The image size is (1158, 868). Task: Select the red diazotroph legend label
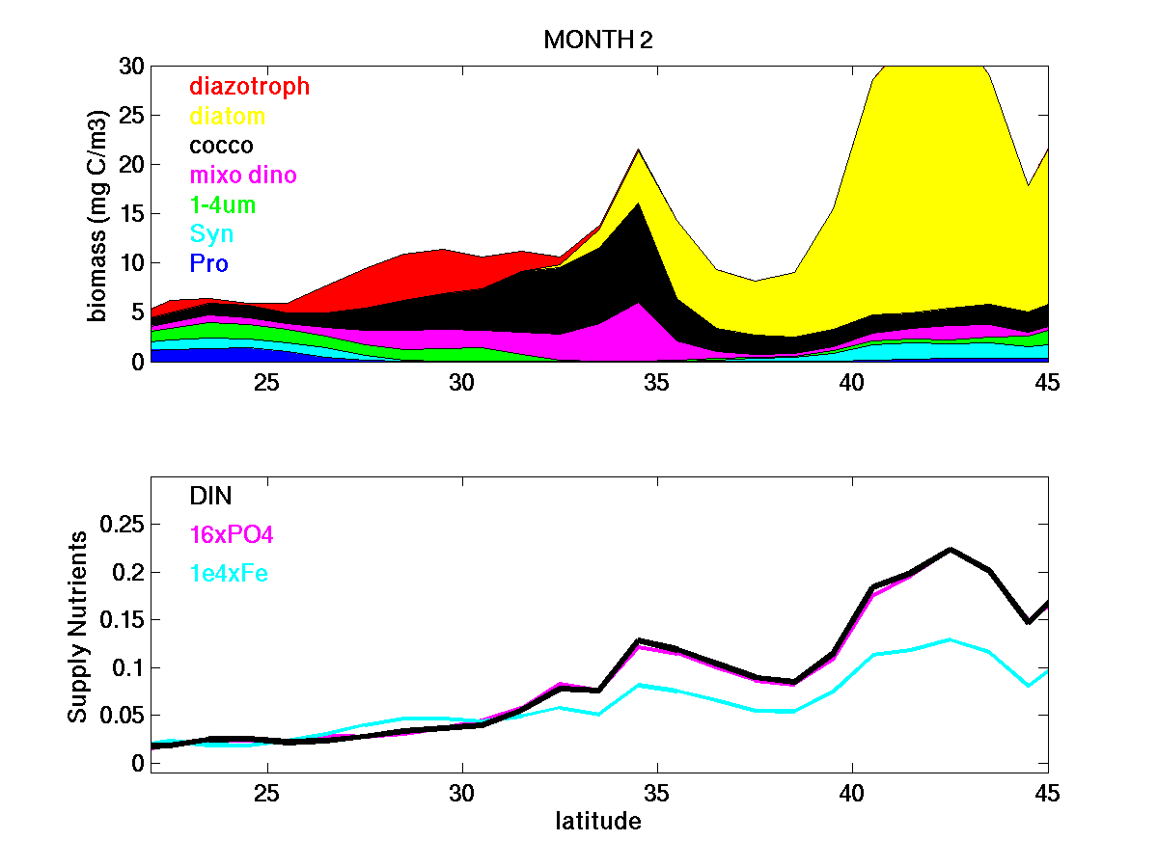coord(249,86)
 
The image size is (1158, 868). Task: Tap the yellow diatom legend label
coord(227,117)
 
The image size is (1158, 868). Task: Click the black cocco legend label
coord(221,146)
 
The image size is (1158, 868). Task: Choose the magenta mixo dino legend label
coord(242,176)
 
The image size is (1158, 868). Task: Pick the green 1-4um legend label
coord(222,205)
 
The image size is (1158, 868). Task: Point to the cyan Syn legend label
coord(211,234)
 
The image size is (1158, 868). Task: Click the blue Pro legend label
coord(208,263)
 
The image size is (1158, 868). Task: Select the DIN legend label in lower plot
coord(210,496)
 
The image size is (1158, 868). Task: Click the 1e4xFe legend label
coord(229,574)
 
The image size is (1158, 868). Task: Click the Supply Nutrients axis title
coord(77,626)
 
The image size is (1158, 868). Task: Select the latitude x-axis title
coord(598,822)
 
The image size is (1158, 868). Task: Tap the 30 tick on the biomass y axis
coord(130,67)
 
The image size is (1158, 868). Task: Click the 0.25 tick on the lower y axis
coord(123,525)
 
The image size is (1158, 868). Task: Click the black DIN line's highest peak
coord(951,549)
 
